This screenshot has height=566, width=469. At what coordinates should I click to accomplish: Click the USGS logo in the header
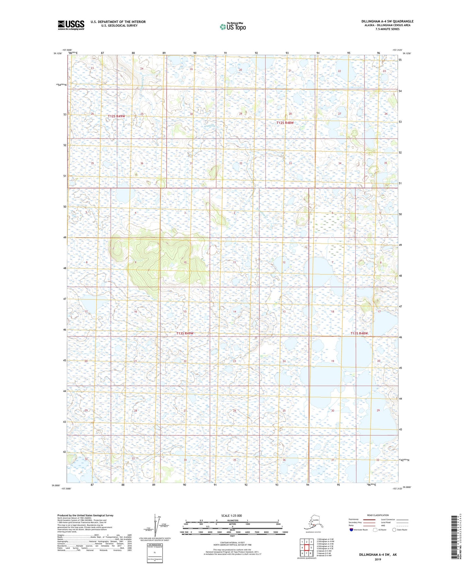71,25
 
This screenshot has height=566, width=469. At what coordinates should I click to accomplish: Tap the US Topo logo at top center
232,27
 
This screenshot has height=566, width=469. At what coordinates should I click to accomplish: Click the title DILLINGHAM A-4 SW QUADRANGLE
387,21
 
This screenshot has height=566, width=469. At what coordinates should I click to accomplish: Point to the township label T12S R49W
116,116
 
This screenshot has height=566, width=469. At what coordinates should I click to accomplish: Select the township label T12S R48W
285,123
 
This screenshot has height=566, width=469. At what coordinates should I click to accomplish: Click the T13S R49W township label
185,333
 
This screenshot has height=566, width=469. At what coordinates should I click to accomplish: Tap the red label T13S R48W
359,333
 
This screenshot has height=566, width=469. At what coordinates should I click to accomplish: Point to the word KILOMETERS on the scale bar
232,521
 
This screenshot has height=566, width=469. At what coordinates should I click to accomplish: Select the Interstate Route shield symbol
351,530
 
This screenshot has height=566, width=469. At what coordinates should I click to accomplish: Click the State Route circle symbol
394,530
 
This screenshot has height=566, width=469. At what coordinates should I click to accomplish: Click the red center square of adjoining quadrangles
306,547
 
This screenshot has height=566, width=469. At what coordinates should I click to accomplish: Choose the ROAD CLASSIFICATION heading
378,515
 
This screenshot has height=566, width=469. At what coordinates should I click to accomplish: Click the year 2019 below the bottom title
378,559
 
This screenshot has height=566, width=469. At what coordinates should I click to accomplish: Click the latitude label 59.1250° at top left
57,53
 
